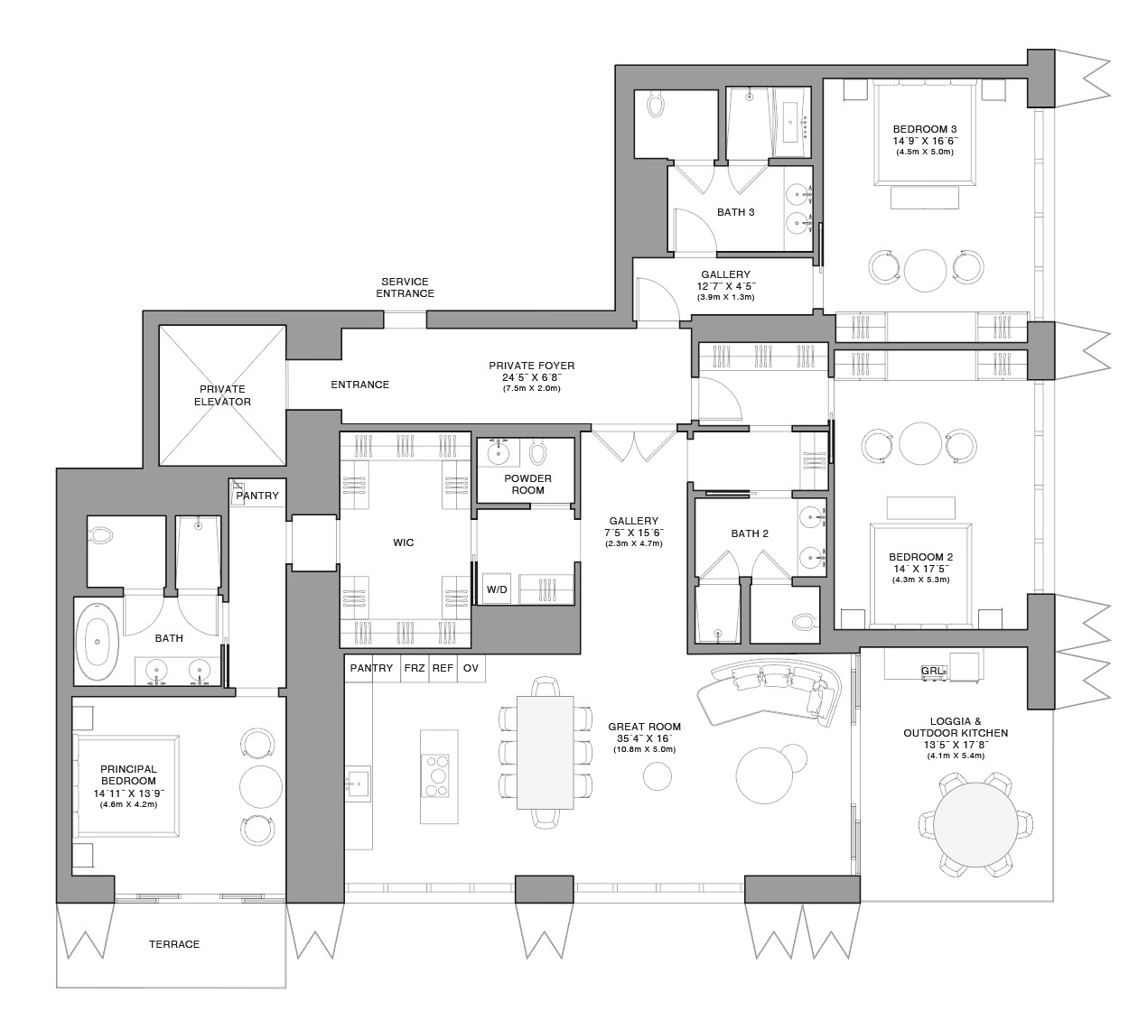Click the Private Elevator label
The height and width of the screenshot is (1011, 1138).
[222, 395]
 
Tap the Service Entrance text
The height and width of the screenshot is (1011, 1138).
[405, 287]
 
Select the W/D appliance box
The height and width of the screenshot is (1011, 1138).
[497, 589]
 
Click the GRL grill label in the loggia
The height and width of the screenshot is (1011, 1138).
[932, 671]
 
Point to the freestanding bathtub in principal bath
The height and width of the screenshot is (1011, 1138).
[98, 641]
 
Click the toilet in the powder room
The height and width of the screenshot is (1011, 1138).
[537, 452]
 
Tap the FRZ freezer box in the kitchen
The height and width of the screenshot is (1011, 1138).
[415, 668]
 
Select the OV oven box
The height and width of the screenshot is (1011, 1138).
[471, 668]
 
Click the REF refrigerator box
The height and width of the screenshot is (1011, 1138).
[443, 668]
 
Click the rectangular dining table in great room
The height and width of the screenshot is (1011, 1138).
[545, 752]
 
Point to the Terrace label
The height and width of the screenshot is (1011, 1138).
[174, 944]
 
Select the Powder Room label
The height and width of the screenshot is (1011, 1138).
[528, 484]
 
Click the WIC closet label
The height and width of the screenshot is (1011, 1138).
[404, 543]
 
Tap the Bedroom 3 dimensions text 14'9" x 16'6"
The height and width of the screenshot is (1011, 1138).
[925, 141]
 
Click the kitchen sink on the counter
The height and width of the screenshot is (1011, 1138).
[358, 782]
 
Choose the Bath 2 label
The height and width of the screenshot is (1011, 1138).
[750, 533]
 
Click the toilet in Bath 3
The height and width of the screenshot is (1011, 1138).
[656, 105]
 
